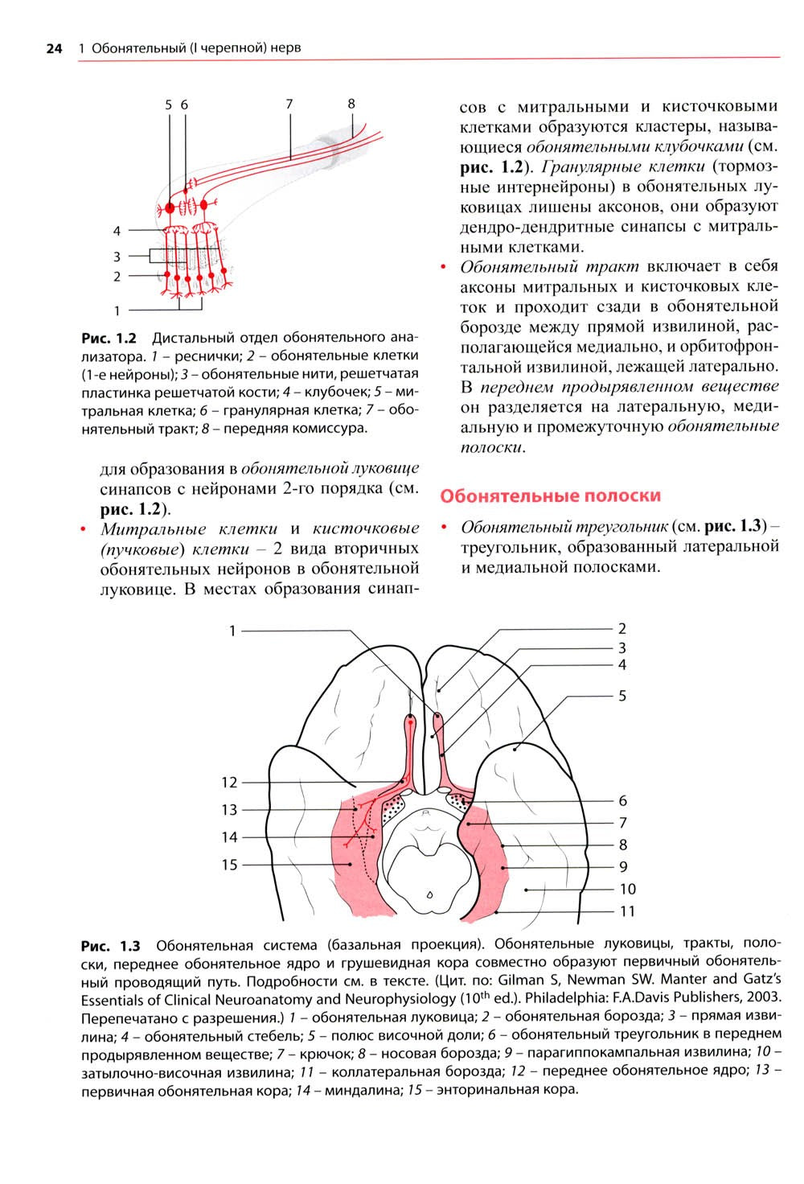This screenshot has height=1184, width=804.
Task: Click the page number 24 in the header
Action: (54, 48)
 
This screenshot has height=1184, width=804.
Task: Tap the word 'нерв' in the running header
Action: (286, 48)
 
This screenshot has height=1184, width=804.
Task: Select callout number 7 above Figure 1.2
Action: (289, 104)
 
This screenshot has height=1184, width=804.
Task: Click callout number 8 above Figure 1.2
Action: (351, 104)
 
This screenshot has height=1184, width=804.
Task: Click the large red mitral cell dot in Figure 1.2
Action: (170, 208)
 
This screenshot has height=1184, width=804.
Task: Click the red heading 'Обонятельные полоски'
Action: (550, 495)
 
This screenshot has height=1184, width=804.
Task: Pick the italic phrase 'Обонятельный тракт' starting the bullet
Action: (549, 267)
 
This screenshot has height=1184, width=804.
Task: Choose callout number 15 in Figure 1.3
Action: (230, 865)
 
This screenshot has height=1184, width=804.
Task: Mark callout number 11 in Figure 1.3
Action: (627, 911)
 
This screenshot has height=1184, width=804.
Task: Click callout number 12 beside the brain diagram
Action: (230, 782)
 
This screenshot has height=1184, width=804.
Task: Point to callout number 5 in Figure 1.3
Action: (621, 696)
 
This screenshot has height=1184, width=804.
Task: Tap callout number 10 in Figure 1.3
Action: (627, 889)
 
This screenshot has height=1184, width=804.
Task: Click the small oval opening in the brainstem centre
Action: (430, 894)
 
